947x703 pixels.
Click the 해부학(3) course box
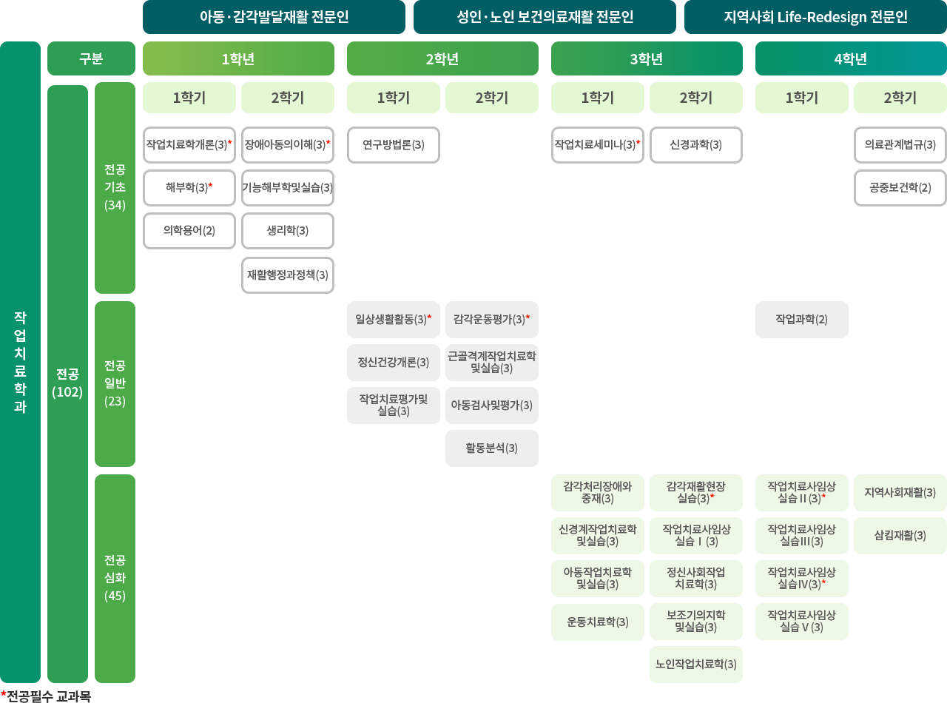189,188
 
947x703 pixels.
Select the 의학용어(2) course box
189,231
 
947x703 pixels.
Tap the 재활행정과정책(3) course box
288,275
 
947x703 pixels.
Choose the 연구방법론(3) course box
394,145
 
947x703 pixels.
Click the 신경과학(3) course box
696,145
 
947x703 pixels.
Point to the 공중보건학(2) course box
900,188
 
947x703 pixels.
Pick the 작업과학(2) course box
802,320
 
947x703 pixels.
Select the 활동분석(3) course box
492,448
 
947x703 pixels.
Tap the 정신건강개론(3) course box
394,363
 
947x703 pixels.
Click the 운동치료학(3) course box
598,622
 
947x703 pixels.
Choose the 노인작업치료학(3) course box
696,665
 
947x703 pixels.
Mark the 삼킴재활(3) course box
900,536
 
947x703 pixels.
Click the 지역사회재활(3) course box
900,493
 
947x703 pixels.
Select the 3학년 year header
647,59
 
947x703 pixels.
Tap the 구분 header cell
91,59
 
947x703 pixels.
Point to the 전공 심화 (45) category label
115,578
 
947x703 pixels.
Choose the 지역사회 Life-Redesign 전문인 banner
815,17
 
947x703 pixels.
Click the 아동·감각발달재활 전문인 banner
274,17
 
